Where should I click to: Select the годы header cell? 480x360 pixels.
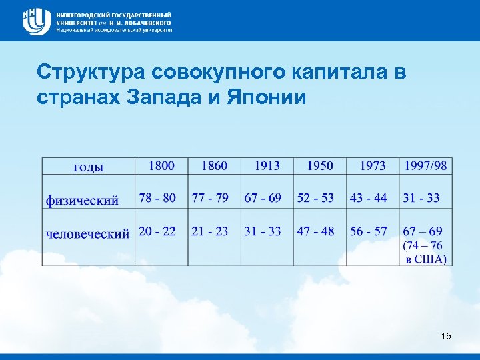pyautogui.click(x=88, y=167)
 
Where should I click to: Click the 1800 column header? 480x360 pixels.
pyautogui.click(x=161, y=165)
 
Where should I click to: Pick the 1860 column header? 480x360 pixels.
pyautogui.click(x=213, y=165)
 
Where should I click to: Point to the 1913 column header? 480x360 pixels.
pyautogui.click(x=266, y=165)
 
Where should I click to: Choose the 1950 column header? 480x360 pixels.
pyautogui.click(x=319, y=165)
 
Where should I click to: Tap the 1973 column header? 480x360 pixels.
pyautogui.click(x=372, y=165)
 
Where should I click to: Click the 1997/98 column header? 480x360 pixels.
pyautogui.click(x=425, y=165)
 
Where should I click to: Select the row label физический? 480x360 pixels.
pyautogui.click(x=82, y=199)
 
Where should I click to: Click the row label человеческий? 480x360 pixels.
pyautogui.click(x=87, y=233)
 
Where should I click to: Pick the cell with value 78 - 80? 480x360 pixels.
pyautogui.click(x=157, y=197)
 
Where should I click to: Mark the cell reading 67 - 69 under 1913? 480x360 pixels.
pyautogui.click(x=263, y=197)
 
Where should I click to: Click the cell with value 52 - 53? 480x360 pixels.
pyautogui.click(x=316, y=197)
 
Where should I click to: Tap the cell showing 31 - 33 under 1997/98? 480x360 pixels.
pyautogui.click(x=421, y=197)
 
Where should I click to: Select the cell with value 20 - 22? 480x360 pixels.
pyautogui.click(x=157, y=231)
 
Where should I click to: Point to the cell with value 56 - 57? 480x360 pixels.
pyautogui.click(x=369, y=231)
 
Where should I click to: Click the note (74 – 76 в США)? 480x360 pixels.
pyautogui.click(x=425, y=252)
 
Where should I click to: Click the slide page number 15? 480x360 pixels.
pyautogui.click(x=446, y=337)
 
